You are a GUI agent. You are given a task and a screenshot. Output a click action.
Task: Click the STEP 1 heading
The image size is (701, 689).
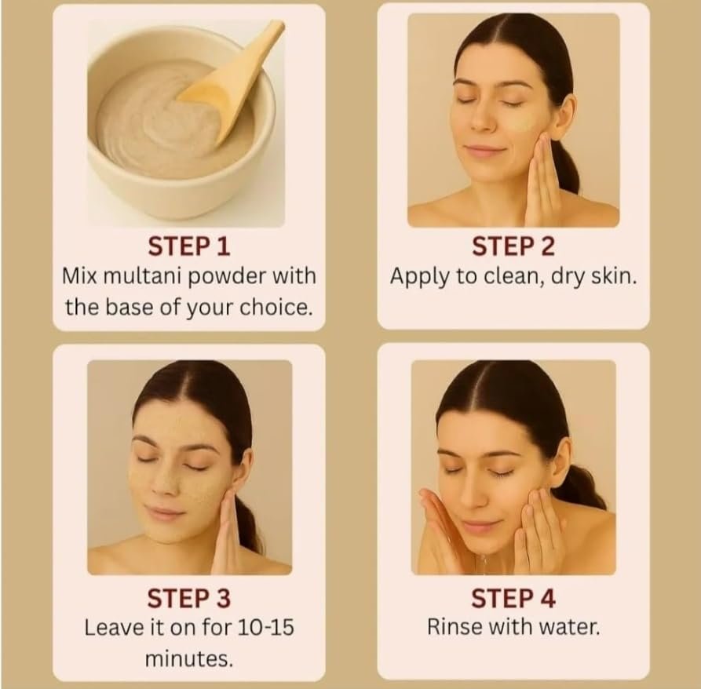click(189, 246)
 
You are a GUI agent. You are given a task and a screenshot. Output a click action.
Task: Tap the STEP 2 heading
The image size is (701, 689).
click(513, 246)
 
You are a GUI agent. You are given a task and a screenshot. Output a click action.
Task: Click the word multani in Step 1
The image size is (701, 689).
click(142, 276)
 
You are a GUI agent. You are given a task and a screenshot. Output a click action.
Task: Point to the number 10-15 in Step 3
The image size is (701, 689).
click(265, 627)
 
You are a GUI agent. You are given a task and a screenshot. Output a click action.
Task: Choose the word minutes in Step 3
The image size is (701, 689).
click(189, 659)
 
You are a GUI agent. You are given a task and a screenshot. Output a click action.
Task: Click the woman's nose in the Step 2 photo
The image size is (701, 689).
click(481, 120)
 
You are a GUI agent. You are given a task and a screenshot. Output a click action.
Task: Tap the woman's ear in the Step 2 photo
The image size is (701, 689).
click(566, 111)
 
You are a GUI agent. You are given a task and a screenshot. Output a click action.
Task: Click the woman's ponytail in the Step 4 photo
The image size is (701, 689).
click(581, 487)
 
